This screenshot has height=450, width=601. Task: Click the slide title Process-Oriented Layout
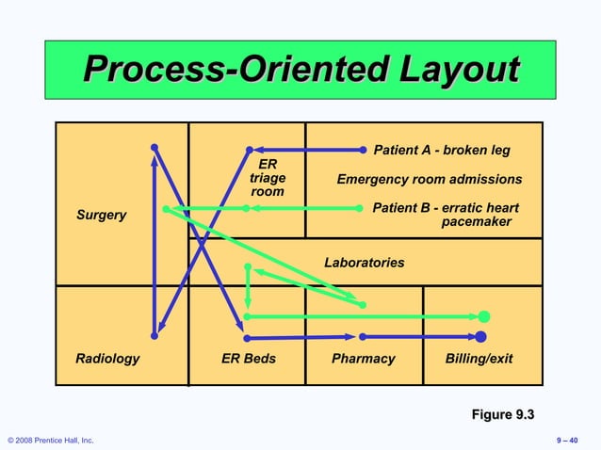pyautogui.click(x=300, y=70)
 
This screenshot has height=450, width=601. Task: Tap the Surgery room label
pyautogui.click(x=101, y=215)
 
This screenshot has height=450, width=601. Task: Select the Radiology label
pyautogui.click(x=107, y=359)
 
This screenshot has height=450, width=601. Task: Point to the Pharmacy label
pyautogui.click(x=363, y=359)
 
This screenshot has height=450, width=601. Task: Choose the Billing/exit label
pyautogui.click(x=479, y=359)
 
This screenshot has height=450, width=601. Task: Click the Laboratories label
pyautogui.click(x=365, y=263)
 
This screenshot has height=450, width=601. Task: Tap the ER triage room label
pyautogui.click(x=268, y=178)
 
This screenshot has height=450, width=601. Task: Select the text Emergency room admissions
pyautogui.click(x=430, y=180)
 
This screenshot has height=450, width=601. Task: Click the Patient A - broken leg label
pyautogui.click(x=442, y=150)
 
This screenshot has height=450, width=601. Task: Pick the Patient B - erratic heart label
pyautogui.click(x=446, y=208)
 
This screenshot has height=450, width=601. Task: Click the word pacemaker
pyautogui.click(x=477, y=222)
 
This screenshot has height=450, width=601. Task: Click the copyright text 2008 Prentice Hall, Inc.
pyautogui.click(x=51, y=440)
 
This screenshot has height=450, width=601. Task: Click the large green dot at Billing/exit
pyautogui.click(x=483, y=316)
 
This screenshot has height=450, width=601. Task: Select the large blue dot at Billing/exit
pyautogui.click(x=480, y=336)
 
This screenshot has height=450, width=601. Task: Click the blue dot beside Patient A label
pyautogui.click(x=364, y=149)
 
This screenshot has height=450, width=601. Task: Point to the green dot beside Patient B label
pyautogui.click(x=364, y=208)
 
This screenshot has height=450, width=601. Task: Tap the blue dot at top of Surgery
pyautogui.click(x=154, y=147)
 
